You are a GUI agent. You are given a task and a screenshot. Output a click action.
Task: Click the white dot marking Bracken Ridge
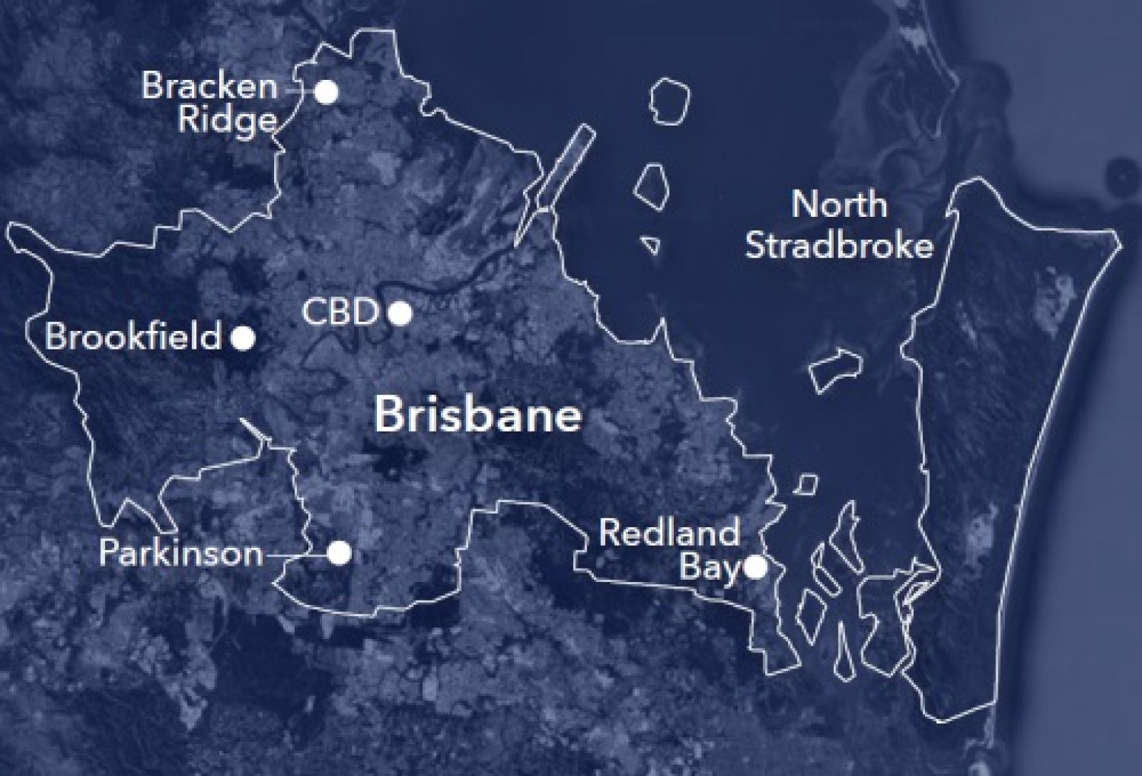tap(327, 92)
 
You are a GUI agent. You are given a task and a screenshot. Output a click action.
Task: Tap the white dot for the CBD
tap(400, 312)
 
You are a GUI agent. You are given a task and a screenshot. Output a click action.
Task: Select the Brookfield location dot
tap(243, 337)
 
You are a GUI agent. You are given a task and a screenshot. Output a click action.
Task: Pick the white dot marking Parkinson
tap(340, 552)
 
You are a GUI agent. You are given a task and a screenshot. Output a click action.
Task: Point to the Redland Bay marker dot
tap(756, 568)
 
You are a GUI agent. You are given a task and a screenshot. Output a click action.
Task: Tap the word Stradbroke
tap(839, 246)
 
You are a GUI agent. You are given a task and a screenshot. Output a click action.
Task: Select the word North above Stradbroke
tap(839, 205)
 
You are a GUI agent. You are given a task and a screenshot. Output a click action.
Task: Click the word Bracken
tap(209, 87)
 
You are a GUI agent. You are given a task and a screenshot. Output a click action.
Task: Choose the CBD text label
tap(339, 312)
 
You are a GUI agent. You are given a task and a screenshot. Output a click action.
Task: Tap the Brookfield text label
tap(133, 337)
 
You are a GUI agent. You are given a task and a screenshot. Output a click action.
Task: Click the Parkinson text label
tap(181, 553)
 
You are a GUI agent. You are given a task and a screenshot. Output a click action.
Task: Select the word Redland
tap(669, 533)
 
